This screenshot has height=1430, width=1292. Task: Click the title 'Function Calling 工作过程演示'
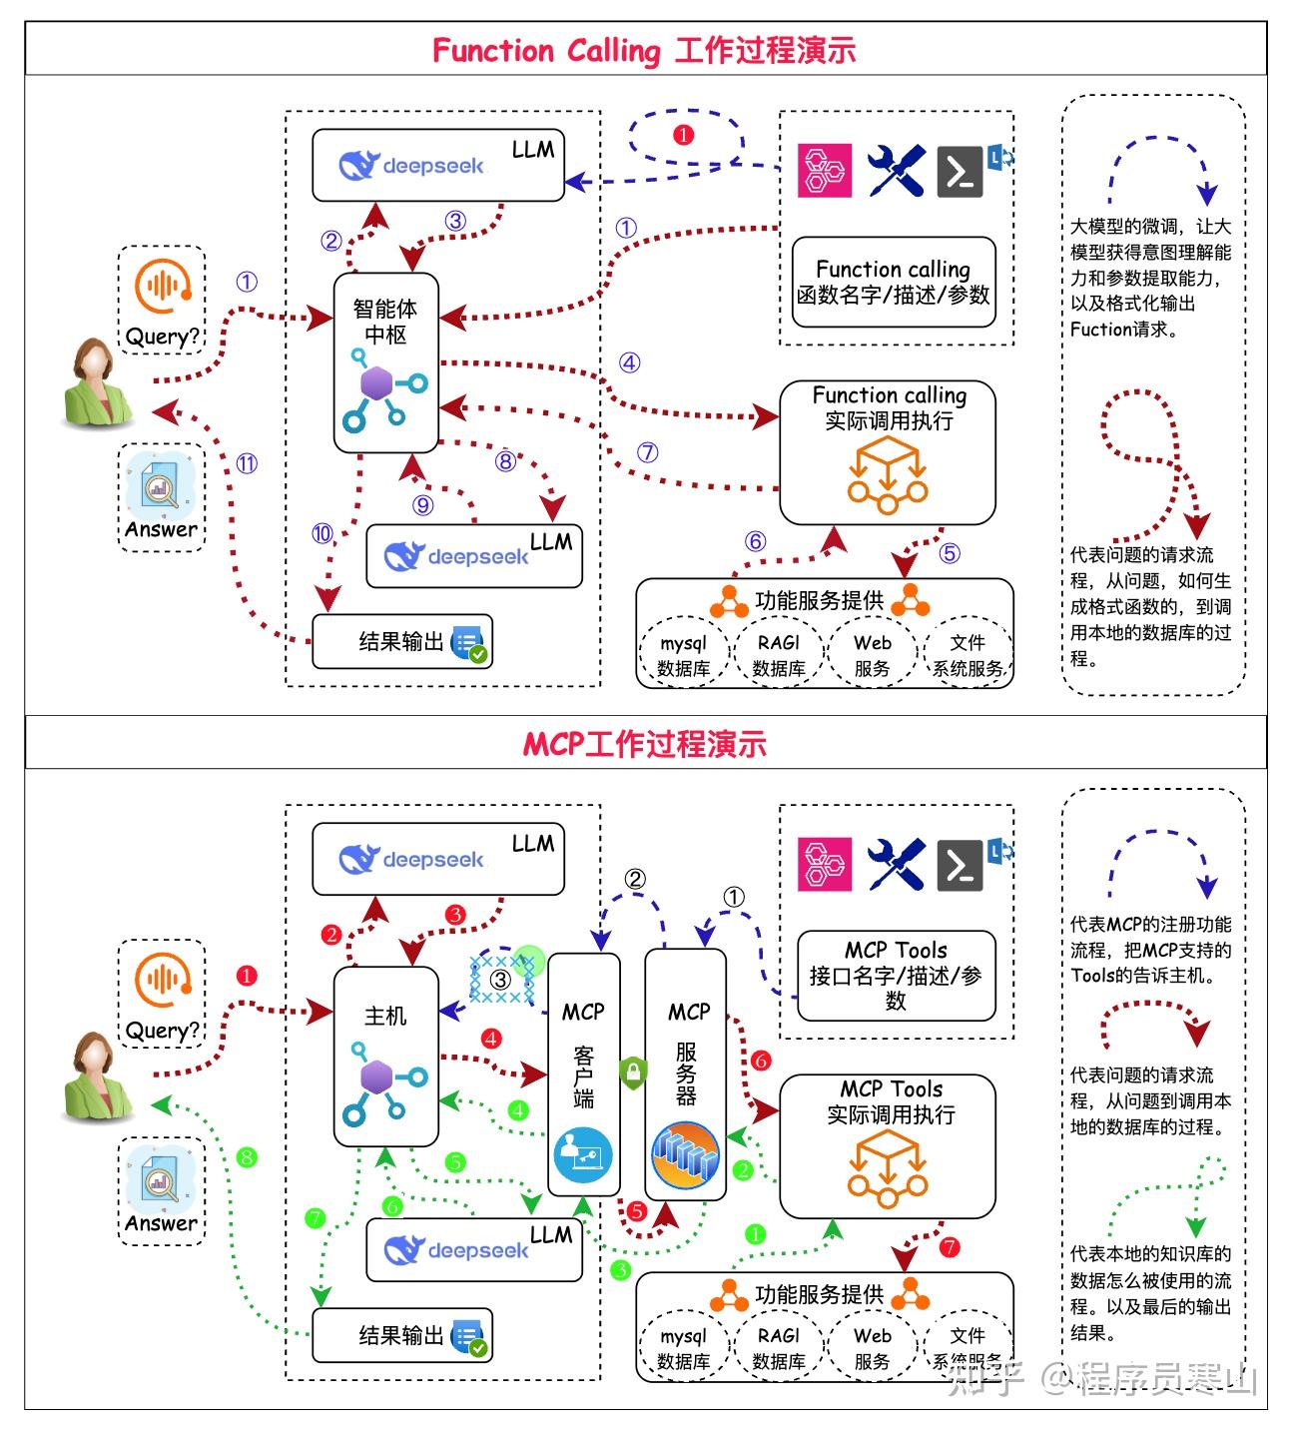click(x=644, y=50)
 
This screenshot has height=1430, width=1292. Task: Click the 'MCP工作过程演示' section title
click(x=644, y=744)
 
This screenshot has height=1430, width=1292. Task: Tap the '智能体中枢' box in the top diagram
click(x=385, y=361)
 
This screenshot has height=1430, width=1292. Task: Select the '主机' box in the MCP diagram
click(x=385, y=1057)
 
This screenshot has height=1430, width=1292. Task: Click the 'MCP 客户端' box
click(x=583, y=1073)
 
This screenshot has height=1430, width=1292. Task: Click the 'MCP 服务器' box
click(x=686, y=1073)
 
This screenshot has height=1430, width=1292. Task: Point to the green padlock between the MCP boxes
click(x=633, y=1072)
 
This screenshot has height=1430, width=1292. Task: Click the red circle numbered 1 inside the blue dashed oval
click(x=684, y=135)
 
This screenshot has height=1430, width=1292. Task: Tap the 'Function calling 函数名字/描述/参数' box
click(x=893, y=282)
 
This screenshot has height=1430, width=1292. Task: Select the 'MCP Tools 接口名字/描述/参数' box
click(x=896, y=976)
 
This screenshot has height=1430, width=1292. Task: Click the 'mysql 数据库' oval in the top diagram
click(x=684, y=655)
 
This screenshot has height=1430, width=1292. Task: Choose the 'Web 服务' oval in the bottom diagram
click(x=872, y=1348)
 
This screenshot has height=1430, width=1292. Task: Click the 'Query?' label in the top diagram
click(x=162, y=337)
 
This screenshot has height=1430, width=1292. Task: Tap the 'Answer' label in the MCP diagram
click(x=161, y=1223)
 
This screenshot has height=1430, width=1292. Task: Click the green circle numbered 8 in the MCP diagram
click(x=247, y=1157)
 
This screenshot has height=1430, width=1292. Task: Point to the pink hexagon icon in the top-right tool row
click(x=825, y=170)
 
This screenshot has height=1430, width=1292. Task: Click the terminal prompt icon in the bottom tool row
click(x=960, y=866)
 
